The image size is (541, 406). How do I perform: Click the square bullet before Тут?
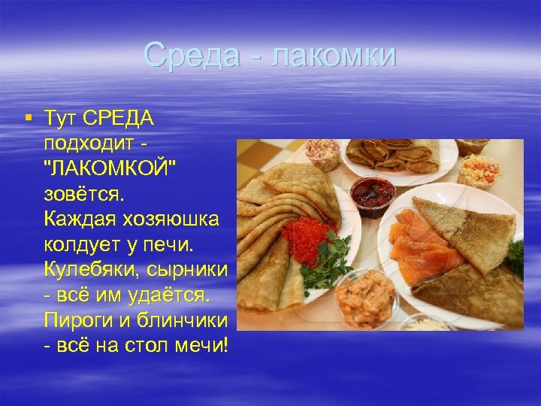(28, 117)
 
